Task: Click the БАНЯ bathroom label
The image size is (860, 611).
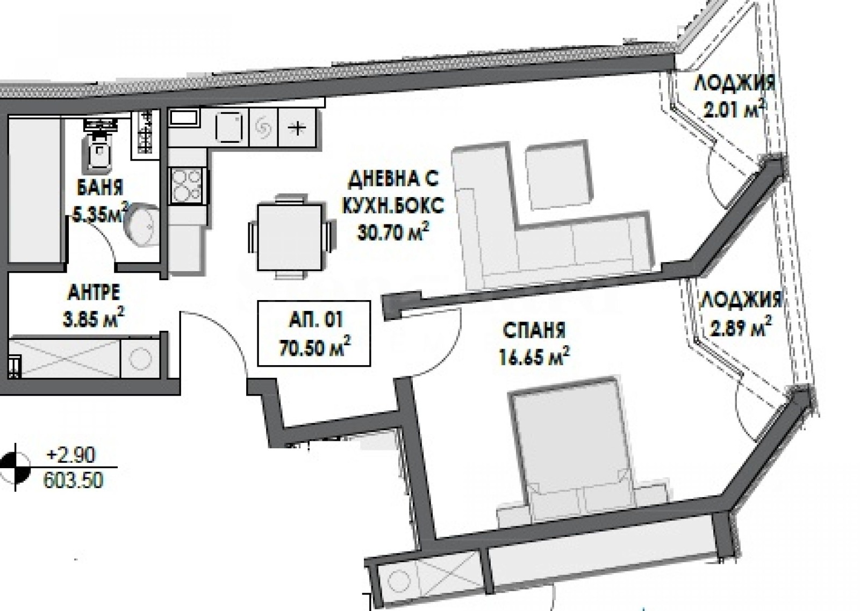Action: pos(100,188)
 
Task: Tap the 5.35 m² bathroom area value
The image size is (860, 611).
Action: pos(101,215)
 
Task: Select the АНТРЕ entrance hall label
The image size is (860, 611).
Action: pos(94,293)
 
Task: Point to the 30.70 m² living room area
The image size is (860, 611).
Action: pos(393,231)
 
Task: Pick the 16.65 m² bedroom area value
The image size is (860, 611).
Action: pos(534,357)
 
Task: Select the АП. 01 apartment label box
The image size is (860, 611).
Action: pos(314,333)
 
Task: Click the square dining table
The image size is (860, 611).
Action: pos(290,237)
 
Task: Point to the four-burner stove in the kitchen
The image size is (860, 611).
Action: pos(187,186)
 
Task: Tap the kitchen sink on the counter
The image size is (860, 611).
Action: pos(229,127)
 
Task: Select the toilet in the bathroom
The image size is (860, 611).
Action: pos(99,147)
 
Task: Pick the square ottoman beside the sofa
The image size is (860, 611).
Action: pos(557,175)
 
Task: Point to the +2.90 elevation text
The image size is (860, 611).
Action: pos(70,456)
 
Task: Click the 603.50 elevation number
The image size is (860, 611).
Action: pos(73,480)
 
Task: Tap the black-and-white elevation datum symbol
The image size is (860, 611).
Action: pos(16,467)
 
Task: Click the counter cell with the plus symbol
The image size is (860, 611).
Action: pos(297,128)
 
